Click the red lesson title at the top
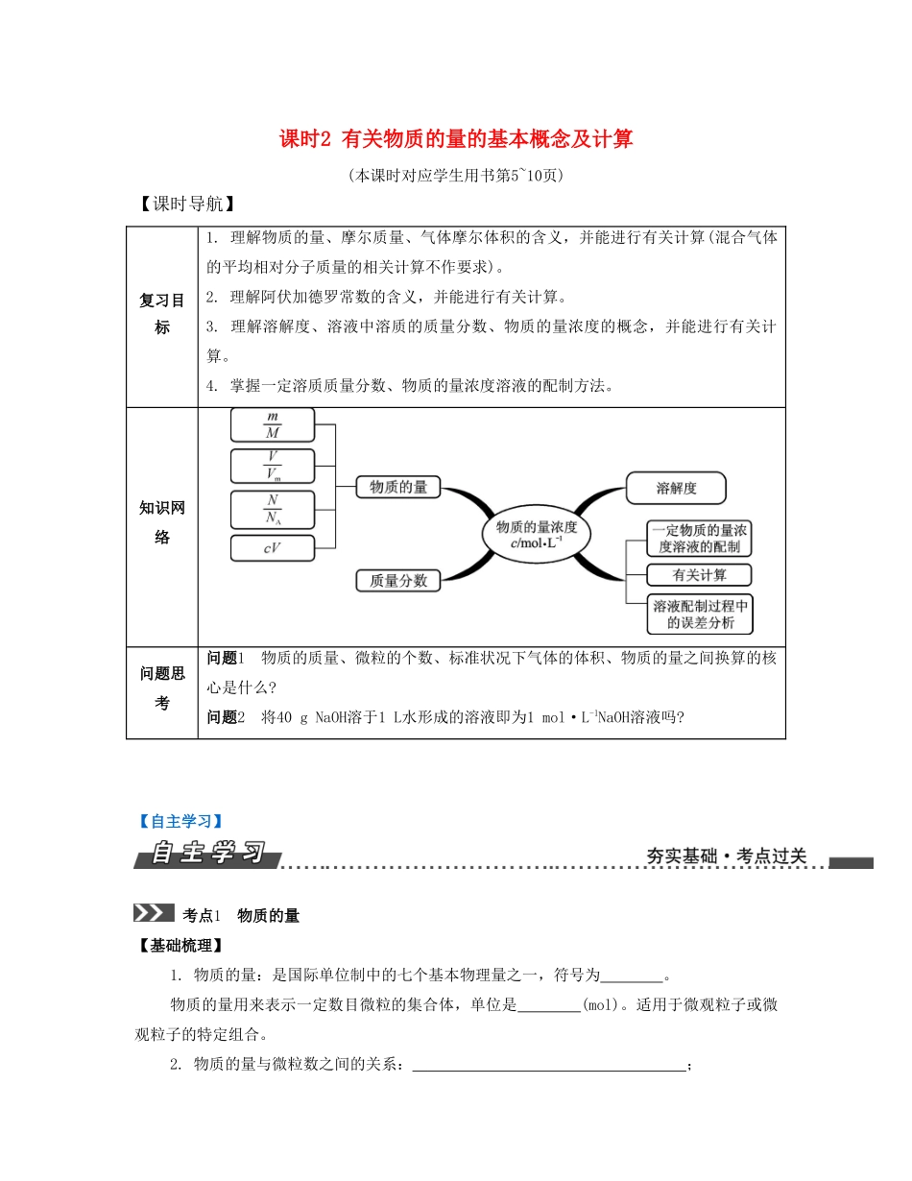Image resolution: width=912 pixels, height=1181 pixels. tap(456, 140)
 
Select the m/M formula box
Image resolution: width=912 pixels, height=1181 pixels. tap(273, 424)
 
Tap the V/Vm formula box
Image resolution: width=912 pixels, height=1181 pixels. tap(273, 466)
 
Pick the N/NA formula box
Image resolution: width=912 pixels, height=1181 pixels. tap(273, 508)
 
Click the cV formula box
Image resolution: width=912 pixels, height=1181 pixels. tap(273, 549)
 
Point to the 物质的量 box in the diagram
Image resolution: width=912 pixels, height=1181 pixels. tap(398, 487)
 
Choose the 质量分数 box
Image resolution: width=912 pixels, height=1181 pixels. tap(398, 580)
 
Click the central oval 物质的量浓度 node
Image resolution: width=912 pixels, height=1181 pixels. tap(536, 536)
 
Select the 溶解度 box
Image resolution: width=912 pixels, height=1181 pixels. tap(676, 488)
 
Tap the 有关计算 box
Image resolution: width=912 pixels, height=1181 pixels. tap(699, 575)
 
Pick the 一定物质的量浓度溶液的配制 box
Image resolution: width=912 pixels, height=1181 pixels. tap(700, 539)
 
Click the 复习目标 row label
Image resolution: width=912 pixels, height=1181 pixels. tap(161, 314)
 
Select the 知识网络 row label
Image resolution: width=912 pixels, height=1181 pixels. tap(161, 523)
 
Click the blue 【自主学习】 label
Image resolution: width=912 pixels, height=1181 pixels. tap(179, 821)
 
